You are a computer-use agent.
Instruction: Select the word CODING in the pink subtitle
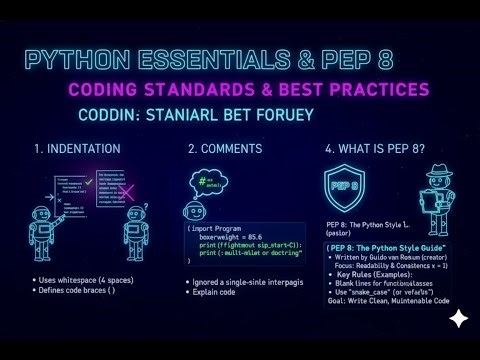pos(106,91)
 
